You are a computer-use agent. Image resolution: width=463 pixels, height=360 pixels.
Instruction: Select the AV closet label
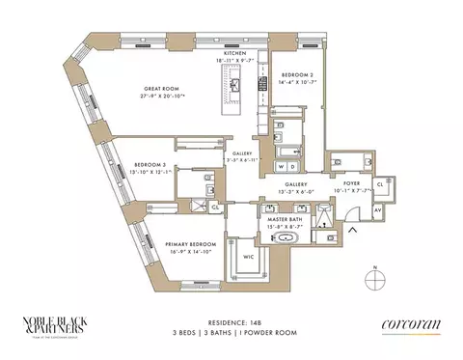[378, 209]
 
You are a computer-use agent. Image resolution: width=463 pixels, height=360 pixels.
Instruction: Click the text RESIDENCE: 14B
[231, 315]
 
